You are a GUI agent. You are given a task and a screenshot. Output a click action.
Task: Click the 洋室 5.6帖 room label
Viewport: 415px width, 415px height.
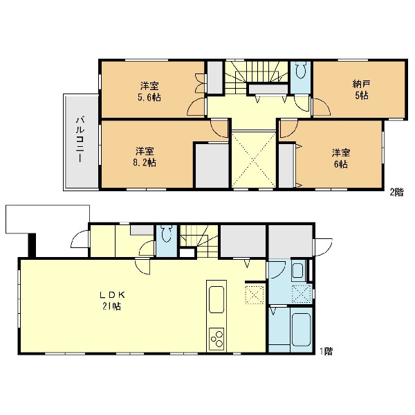pos(150,91)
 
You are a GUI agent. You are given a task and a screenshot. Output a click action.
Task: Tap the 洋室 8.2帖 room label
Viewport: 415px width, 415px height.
pos(145,157)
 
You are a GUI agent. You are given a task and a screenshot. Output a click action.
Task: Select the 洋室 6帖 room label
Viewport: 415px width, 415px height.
pos(341,159)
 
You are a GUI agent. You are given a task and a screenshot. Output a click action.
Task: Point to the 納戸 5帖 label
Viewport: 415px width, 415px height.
pos(361,90)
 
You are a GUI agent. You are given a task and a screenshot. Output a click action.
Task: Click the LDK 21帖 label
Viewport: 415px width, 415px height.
pos(111,301)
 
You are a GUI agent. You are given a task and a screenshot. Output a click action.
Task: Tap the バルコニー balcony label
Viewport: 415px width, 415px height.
pos(80,140)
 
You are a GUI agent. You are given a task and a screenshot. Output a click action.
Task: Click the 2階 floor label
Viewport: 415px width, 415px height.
pos(397,192)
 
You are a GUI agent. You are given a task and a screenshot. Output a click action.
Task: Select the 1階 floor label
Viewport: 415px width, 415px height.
pos(326,352)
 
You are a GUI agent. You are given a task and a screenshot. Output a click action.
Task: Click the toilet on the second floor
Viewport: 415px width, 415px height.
pos(301,70)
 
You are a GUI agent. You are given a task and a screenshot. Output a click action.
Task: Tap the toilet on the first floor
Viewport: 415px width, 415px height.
pos(167,233)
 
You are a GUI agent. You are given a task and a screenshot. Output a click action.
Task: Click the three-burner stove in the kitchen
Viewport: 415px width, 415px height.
pos(216,339)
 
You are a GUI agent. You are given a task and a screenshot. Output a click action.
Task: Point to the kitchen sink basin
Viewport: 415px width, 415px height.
pos(216,300)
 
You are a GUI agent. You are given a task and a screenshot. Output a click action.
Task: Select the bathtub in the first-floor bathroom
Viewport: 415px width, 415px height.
pos(301,330)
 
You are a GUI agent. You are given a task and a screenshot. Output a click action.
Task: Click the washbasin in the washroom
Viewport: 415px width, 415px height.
pos(298,270)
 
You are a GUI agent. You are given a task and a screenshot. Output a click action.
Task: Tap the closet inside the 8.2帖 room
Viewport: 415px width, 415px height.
pos(212,166)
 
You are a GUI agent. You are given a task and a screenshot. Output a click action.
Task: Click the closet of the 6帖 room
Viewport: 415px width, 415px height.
pos(286,166)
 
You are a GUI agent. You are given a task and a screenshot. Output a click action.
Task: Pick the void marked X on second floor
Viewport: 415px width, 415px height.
pos(254,159)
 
